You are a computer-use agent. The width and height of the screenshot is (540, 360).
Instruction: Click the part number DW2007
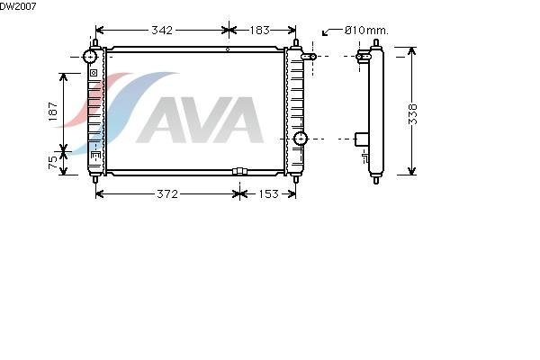pos(18,6)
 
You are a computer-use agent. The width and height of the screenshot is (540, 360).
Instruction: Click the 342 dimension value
pos(162,31)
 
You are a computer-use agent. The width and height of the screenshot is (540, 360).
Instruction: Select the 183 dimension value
pos(259,31)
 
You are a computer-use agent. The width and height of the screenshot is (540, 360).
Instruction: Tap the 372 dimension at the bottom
pos(167,194)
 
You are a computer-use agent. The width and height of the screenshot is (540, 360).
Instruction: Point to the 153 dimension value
pos(268,194)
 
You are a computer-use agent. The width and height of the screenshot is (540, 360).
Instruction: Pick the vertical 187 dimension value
pos(53,112)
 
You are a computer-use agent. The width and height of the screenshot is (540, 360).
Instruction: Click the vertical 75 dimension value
pos(53,162)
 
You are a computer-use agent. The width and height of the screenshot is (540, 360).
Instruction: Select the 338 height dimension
pos(412,114)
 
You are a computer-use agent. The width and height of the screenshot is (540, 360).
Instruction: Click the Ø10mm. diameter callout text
pos(366,31)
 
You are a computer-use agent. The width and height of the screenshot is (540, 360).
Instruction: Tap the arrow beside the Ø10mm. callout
pos(332,31)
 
